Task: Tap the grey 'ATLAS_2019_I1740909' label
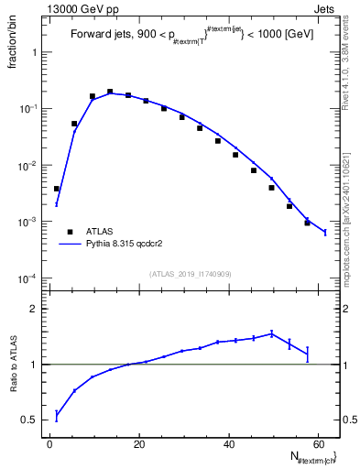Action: point(191,274)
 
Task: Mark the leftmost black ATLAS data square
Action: point(57,189)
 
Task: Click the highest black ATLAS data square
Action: point(110,92)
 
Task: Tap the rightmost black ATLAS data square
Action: point(308,223)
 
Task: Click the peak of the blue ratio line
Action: point(272,333)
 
